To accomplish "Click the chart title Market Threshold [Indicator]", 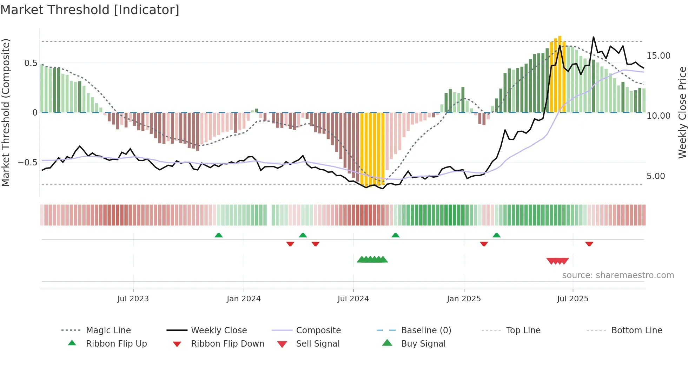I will coord(90,10).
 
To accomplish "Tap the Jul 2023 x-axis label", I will coord(133,299).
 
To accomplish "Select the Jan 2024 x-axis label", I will coord(244,299).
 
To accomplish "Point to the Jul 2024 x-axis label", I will coord(353,299).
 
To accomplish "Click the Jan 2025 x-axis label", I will coord(464,299).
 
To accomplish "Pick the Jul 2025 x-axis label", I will coord(573,299).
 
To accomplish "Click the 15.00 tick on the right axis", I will coord(658,56).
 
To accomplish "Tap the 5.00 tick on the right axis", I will coord(656,176).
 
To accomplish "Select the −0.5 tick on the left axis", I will coord(28,163).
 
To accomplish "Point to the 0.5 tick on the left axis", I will coord(31,63).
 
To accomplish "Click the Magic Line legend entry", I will coord(108,330).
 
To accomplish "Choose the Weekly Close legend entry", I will coord(219,330).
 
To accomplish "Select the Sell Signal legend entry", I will coord(318,344).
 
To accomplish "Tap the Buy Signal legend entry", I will coord(423,344).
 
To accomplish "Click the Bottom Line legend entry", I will coord(636,330).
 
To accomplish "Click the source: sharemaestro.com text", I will coord(618,275).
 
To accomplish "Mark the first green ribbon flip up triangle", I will coord(219,235).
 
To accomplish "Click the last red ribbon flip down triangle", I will coord(589,244).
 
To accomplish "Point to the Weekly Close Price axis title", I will coord(682,112).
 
